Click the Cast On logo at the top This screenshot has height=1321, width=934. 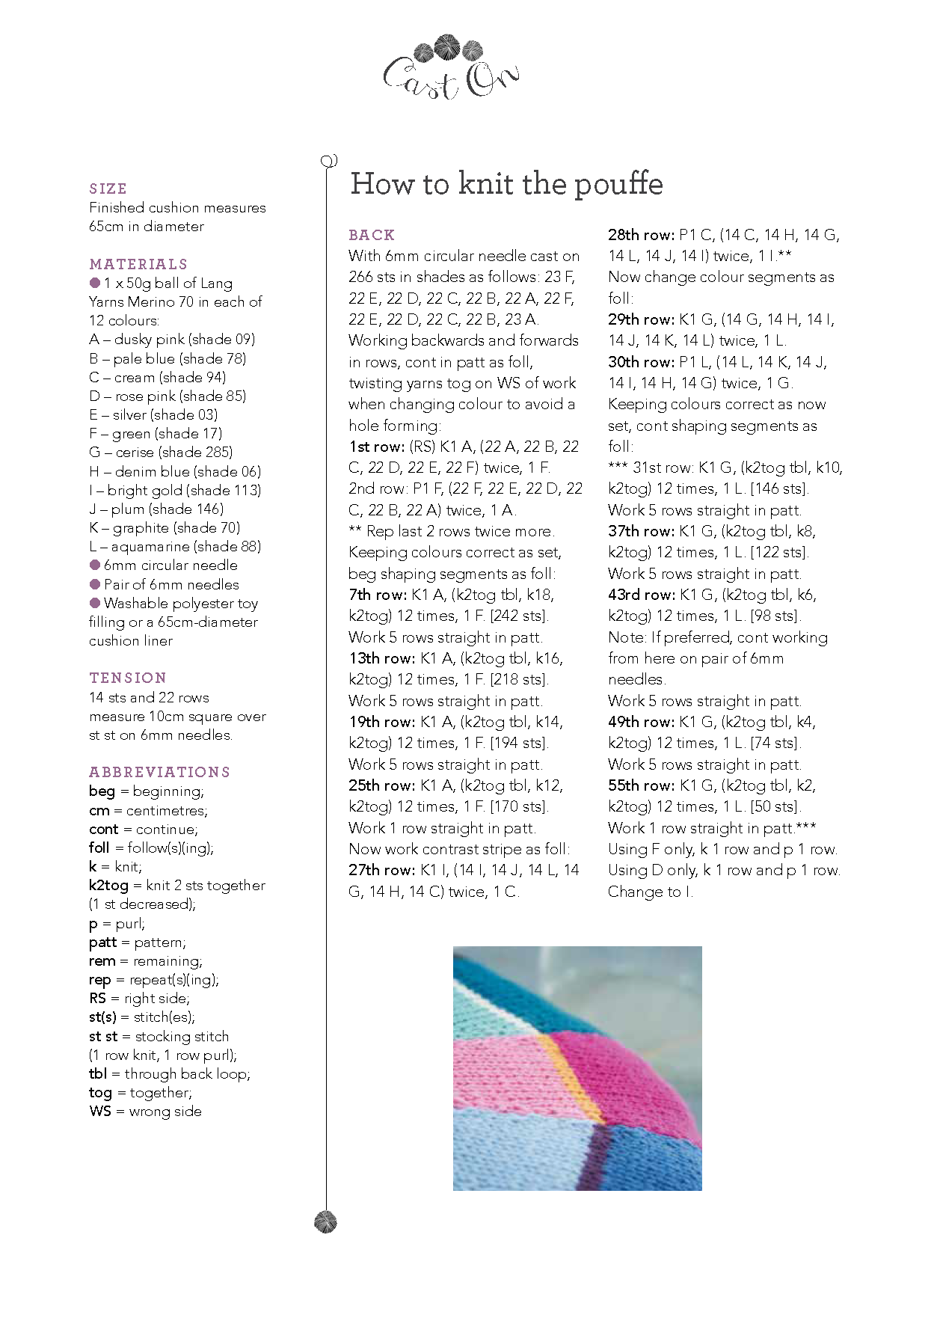click(x=450, y=68)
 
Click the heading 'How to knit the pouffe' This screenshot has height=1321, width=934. click(x=506, y=184)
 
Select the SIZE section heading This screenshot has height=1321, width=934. click(x=108, y=189)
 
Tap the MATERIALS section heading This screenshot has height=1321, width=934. click(x=138, y=264)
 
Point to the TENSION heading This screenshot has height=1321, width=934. click(x=128, y=678)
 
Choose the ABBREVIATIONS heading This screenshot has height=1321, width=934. click(x=159, y=772)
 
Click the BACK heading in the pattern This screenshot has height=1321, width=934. click(x=372, y=235)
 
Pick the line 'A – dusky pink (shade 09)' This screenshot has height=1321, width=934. click(x=172, y=340)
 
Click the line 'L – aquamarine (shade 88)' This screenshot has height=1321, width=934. click(x=175, y=547)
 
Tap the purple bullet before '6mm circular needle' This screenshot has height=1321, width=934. click(x=95, y=565)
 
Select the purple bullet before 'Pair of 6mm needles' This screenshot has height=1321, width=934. click(x=95, y=584)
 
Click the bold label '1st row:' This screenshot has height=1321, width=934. click(x=377, y=447)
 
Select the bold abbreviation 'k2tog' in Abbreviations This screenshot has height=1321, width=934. click(x=109, y=886)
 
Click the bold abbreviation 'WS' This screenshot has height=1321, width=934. click(x=99, y=1112)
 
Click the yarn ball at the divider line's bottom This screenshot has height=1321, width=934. click(x=326, y=1222)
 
